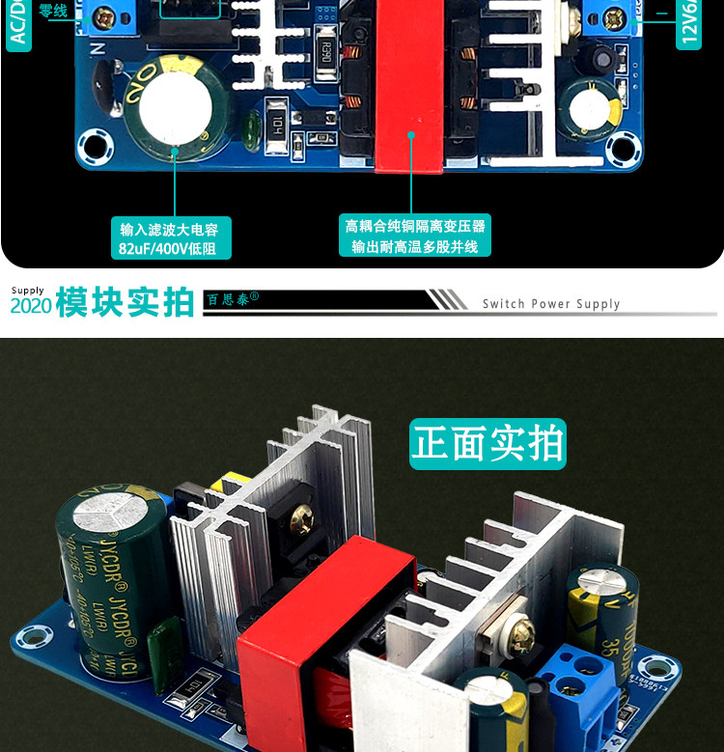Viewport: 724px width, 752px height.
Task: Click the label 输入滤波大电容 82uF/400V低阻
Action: coord(176,238)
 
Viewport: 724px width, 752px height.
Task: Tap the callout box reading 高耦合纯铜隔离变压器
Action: coord(415,236)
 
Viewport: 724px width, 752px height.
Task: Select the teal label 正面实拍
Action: coord(487,443)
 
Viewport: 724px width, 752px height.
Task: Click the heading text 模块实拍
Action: coord(125,302)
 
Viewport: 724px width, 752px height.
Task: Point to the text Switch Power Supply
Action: coord(551,304)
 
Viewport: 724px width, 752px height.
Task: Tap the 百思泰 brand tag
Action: coord(233,300)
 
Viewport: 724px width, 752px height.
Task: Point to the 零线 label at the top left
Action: coord(53,12)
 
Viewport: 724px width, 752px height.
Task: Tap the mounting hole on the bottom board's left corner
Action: coord(35,638)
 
